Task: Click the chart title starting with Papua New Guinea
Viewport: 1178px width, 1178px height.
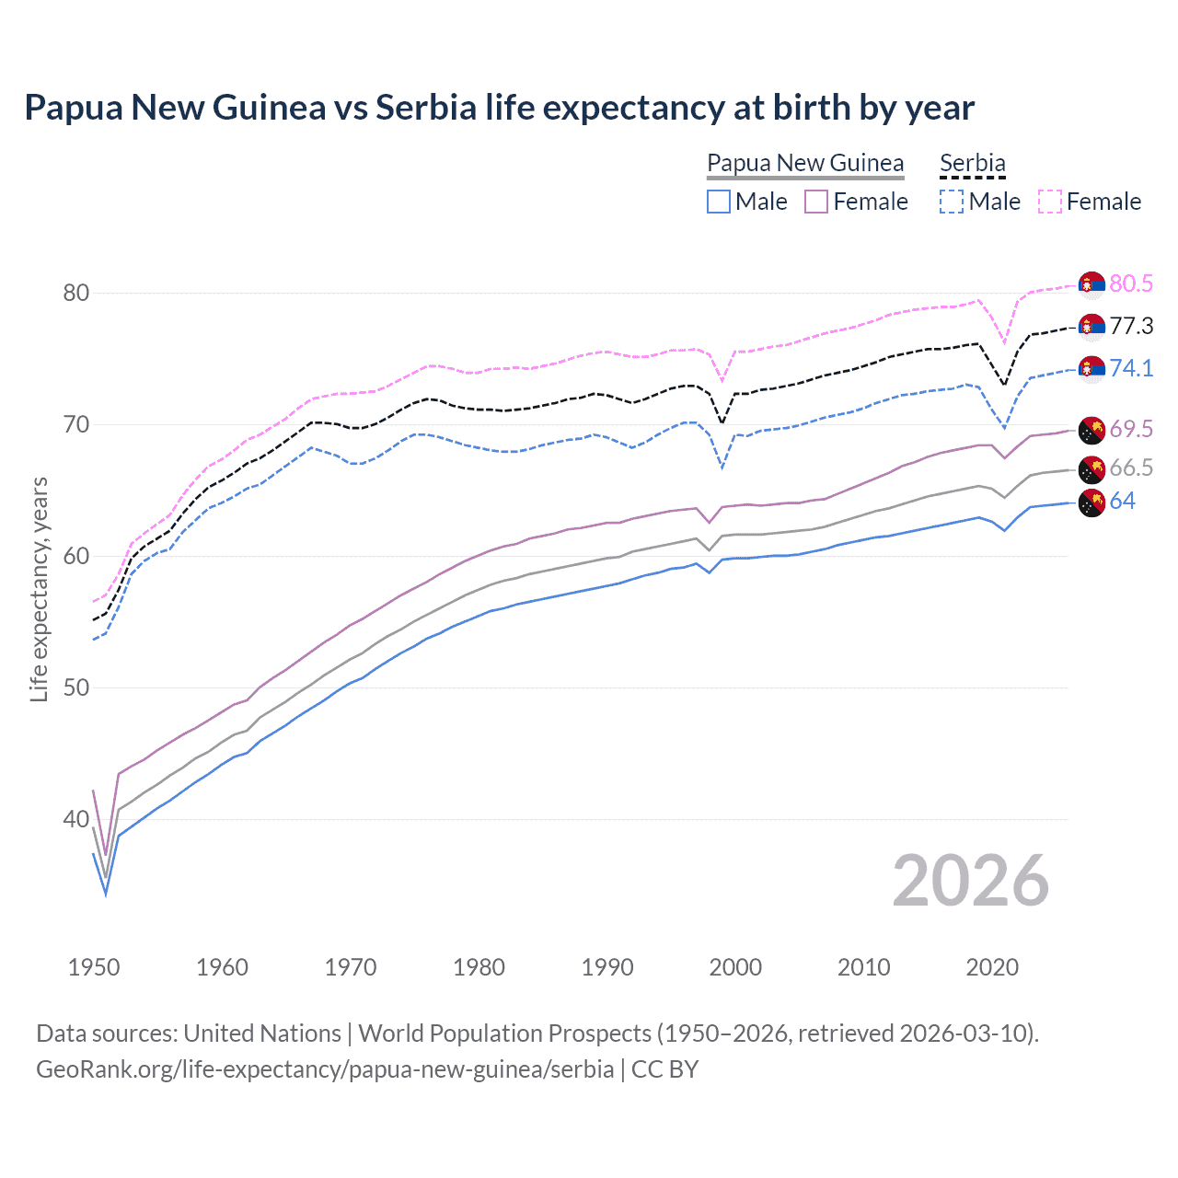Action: [x=499, y=108]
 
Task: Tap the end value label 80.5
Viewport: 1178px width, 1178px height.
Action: [x=1130, y=283]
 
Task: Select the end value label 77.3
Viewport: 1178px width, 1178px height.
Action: [x=1130, y=326]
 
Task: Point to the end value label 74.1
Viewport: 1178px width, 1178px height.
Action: [x=1130, y=368]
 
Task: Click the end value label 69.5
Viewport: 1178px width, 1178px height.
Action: [x=1130, y=429]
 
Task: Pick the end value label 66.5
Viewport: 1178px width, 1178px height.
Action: [x=1130, y=468]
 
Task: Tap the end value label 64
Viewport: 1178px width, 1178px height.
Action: [x=1122, y=502]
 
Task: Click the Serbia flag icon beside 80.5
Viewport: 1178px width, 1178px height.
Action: [x=1091, y=284]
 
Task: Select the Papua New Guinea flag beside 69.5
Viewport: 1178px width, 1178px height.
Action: [x=1091, y=430]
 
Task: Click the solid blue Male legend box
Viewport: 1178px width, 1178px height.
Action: [x=719, y=202]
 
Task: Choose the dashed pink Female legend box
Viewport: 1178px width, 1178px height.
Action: [x=1050, y=202]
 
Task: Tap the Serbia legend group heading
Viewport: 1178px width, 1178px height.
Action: [x=972, y=164]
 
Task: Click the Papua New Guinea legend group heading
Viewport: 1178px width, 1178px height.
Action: [x=805, y=164]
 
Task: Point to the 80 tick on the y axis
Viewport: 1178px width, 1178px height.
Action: [x=76, y=294]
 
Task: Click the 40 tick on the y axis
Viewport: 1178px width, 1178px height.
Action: [x=76, y=819]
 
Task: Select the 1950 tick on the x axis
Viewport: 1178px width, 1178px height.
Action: [x=94, y=967]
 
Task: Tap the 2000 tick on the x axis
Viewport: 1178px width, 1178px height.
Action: [x=735, y=967]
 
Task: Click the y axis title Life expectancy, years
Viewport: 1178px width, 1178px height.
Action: [x=39, y=589]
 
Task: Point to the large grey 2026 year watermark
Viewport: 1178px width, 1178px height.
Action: [x=970, y=882]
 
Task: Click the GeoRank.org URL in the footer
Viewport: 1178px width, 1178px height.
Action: [x=325, y=1069]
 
